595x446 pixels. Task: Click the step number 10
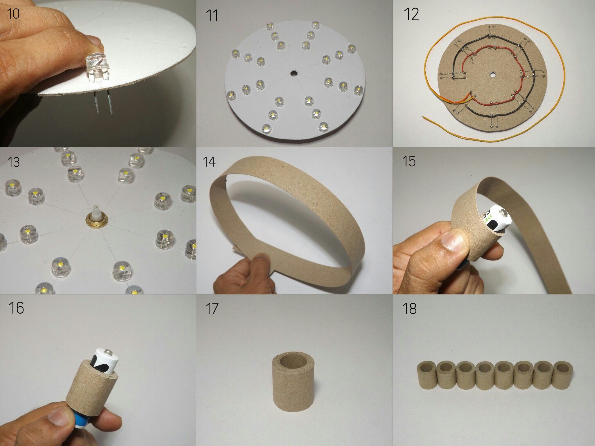pos(13,14)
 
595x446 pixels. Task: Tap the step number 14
pos(209,161)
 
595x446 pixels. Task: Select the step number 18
pos(409,309)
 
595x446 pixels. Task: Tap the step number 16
pos(16,308)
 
